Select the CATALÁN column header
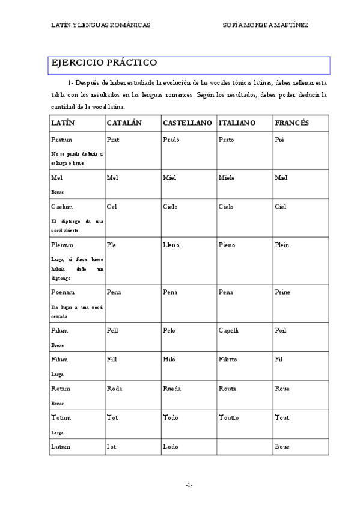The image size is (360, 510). coord(124,123)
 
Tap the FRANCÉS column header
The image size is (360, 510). coord(291,123)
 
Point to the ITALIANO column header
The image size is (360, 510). coord(237,123)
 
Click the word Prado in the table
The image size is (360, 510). coord(171,140)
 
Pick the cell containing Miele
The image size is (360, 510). coord(227,178)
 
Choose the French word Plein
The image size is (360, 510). coord(284,245)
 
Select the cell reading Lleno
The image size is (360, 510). coord(171,245)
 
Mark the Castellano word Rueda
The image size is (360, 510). coord(172,389)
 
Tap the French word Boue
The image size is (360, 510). coord(282,447)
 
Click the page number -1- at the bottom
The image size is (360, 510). coord(189,485)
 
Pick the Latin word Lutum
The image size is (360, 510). coord(61,447)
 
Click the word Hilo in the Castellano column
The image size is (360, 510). coord(169,360)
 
